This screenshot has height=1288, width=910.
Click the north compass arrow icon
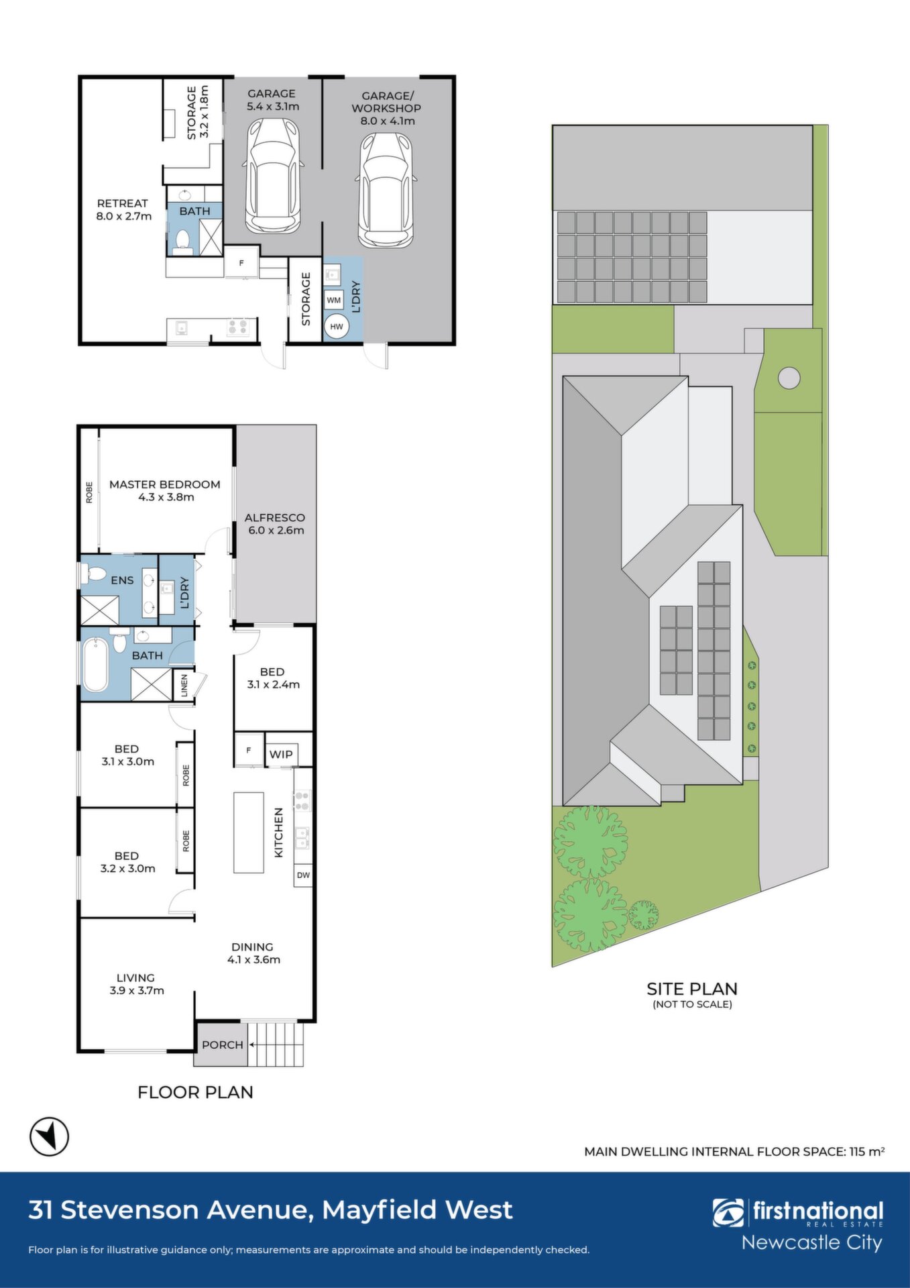[49, 1136]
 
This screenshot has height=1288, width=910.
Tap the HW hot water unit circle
[337, 327]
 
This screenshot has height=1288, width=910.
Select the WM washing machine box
[334, 300]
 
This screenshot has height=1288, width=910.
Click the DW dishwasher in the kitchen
[303, 875]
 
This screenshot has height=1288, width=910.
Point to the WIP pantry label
[281, 754]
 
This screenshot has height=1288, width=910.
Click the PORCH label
[223, 1044]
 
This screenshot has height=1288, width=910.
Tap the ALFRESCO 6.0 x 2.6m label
[275, 524]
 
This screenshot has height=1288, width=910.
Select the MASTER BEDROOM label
[165, 484]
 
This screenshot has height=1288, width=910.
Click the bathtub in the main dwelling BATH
[95, 665]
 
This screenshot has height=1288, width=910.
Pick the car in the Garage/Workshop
[386, 190]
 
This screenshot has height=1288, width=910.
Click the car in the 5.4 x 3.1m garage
[273, 176]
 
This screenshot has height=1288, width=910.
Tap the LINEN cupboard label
[184, 685]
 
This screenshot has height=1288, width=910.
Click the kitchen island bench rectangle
[248, 832]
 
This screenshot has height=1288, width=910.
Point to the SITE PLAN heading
[692, 989]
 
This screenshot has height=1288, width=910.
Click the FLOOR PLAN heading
[195, 1092]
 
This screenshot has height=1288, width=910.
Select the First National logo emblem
[728, 1213]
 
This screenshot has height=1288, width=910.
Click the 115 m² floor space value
[867, 1151]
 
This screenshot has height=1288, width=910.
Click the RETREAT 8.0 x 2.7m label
[123, 209]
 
